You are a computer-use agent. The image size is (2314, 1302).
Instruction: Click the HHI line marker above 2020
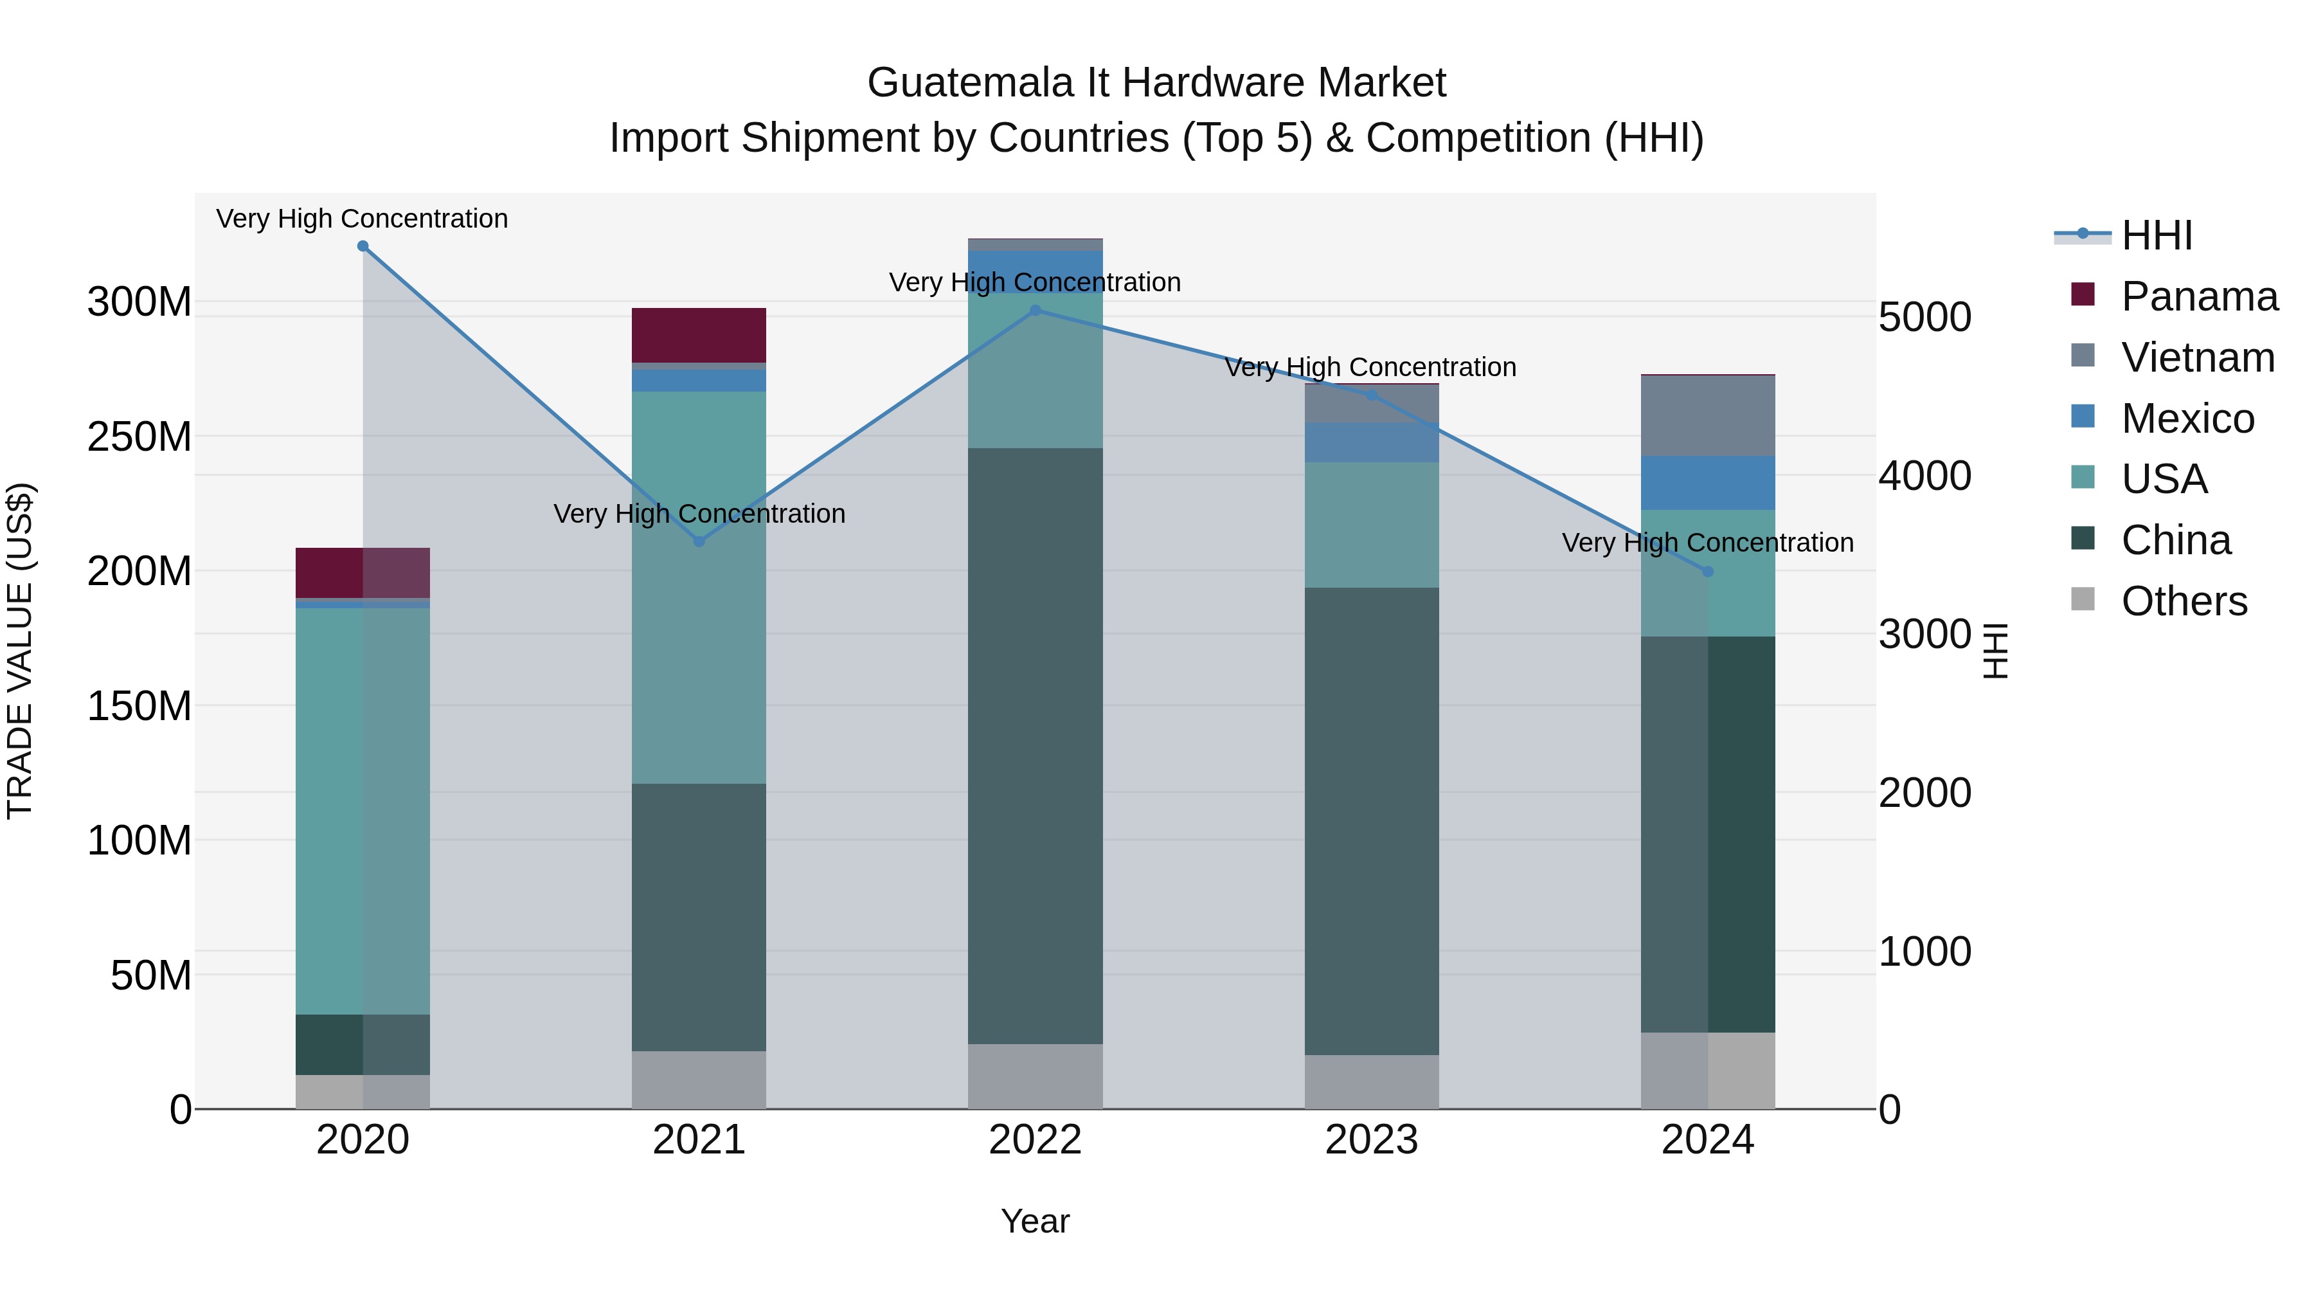[363, 246]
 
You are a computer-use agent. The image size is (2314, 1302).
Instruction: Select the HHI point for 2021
[699, 542]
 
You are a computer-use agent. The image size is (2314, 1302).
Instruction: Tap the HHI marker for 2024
[1708, 572]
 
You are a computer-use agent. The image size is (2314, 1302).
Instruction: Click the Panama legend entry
[2198, 296]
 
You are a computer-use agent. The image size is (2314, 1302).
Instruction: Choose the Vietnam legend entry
[2197, 357]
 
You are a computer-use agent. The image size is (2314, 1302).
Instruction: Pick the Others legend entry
[2183, 601]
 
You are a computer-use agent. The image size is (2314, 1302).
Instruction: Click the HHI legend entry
[2156, 235]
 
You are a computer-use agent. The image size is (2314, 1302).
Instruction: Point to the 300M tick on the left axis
[139, 302]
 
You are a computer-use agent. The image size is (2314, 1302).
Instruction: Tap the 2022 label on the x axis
[1035, 1140]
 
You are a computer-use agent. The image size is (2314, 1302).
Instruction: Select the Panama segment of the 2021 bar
[699, 335]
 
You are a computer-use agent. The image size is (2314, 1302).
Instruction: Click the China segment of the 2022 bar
[1035, 746]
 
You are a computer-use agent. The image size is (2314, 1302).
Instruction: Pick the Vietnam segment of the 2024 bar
[1708, 416]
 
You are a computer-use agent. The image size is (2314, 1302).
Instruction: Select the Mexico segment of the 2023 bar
[1372, 442]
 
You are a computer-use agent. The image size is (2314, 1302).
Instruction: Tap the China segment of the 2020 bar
[363, 1044]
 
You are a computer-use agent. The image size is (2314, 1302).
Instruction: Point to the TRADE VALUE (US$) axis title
[21, 651]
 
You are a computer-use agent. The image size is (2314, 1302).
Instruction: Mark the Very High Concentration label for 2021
[699, 514]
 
